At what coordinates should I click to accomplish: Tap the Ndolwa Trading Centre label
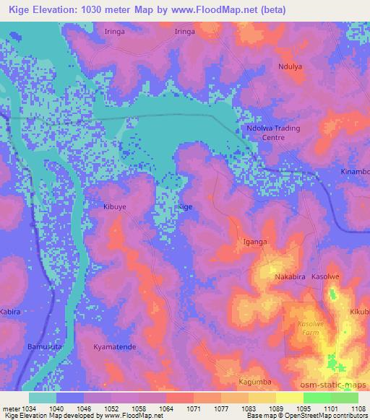272,133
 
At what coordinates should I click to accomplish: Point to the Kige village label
186,206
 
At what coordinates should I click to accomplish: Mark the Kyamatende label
115,347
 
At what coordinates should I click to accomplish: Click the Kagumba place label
254,380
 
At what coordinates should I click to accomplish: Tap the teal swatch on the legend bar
43,398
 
